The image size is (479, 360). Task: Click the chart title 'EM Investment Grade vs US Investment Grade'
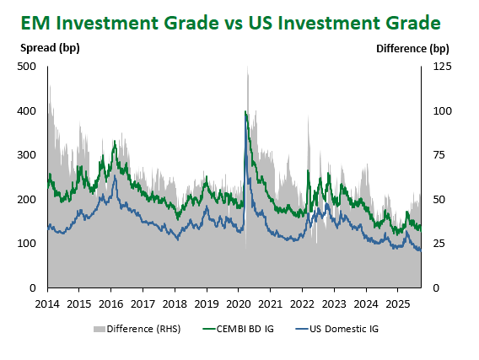click(230, 24)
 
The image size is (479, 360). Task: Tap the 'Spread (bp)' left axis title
click(50, 48)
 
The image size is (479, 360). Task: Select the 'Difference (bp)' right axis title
click(412, 49)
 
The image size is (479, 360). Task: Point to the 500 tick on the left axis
click(27, 67)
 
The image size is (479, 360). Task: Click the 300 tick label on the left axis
click(27, 155)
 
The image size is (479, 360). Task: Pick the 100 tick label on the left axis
click(27, 244)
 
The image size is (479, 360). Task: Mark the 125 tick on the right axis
click(442, 67)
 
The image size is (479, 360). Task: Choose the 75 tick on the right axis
click(439, 155)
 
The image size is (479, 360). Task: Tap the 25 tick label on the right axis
click(439, 244)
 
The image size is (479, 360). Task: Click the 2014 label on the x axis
click(47, 304)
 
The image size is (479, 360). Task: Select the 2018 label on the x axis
click(175, 304)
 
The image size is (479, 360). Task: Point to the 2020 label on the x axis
click(239, 304)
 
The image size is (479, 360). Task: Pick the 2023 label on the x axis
click(334, 304)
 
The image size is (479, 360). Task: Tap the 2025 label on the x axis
click(397, 304)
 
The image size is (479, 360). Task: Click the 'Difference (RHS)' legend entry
click(137, 329)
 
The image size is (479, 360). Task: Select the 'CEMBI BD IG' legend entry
click(239, 329)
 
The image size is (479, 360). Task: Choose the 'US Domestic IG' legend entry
click(337, 329)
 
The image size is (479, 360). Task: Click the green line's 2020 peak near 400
click(245, 111)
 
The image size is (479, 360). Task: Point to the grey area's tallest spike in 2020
click(247, 67)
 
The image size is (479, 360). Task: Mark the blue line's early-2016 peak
click(115, 176)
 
